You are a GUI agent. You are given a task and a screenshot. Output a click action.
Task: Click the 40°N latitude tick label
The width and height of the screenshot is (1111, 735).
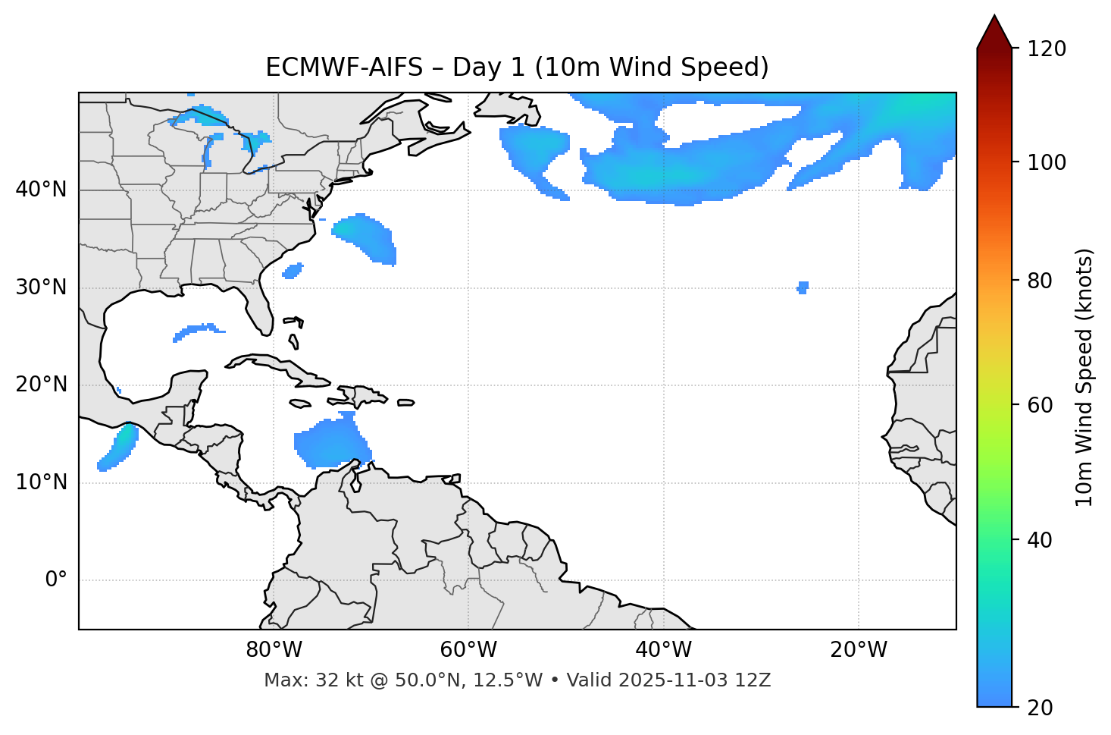pos(41,190)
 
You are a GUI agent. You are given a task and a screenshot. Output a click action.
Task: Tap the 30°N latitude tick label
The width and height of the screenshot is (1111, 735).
pos(41,287)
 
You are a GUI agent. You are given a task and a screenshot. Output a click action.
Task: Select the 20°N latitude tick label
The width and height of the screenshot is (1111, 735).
pos(41,385)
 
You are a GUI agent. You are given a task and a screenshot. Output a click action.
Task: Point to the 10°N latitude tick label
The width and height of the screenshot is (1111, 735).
pos(41,482)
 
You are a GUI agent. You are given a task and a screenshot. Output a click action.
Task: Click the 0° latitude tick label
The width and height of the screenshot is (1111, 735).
pos(56,580)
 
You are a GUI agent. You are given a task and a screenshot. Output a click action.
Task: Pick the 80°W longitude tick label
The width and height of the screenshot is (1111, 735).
pos(274,650)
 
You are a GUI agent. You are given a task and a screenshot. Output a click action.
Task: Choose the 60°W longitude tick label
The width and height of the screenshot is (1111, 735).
pos(468,650)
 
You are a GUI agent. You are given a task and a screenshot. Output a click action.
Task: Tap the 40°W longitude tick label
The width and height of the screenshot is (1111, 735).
pos(663,650)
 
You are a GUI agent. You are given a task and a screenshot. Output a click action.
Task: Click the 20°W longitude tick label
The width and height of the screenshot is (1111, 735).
pos(859,650)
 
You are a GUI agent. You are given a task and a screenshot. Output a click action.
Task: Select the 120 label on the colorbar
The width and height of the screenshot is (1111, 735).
pos(1046,49)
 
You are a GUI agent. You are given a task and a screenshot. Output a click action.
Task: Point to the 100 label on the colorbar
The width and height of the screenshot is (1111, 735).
pos(1046,162)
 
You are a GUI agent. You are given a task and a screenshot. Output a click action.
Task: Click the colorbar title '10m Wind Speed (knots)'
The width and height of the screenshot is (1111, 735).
pos(1084,378)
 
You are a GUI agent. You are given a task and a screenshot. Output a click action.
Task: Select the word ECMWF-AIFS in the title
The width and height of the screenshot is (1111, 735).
pos(344,68)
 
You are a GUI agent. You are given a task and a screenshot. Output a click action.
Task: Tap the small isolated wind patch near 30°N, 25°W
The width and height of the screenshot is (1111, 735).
pos(803,287)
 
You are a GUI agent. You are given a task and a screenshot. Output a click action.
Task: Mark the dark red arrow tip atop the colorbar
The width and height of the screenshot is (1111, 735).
pos(994,30)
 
